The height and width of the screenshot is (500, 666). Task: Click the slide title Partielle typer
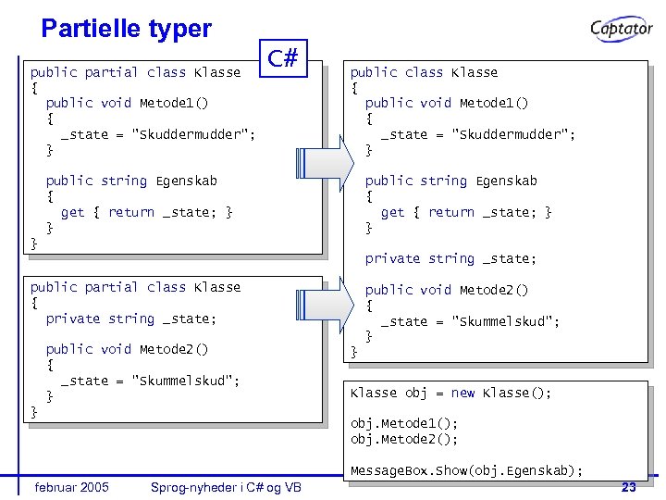(x=127, y=29)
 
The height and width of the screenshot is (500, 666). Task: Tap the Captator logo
(x=622, y=29)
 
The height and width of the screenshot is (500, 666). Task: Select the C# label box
(x=282, y=59)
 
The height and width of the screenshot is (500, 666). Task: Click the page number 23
(x=628, y=487)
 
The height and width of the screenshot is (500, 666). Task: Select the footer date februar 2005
(x=71, y=487)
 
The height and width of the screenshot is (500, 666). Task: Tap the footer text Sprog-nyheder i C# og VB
(x=226, y=487)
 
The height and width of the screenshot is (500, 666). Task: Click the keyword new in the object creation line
(x=462, y=393)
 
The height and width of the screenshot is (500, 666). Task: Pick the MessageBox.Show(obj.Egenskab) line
(x=466, y=471)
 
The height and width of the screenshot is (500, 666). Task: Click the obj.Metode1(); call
(x=403, y=423)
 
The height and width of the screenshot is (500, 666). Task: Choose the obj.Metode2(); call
(x=403, y=439)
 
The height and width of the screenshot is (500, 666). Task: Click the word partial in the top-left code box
(x=111, y=72)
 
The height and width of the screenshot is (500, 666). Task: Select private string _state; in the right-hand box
(x=450, y=258)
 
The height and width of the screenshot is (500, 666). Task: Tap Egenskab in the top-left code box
(x=186, y=181)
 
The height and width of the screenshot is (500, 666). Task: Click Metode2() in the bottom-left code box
(x=173, y=349)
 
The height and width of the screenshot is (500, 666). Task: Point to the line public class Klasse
(x=424, y=72)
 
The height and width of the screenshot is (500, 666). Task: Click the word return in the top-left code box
(x=130, y=212)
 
